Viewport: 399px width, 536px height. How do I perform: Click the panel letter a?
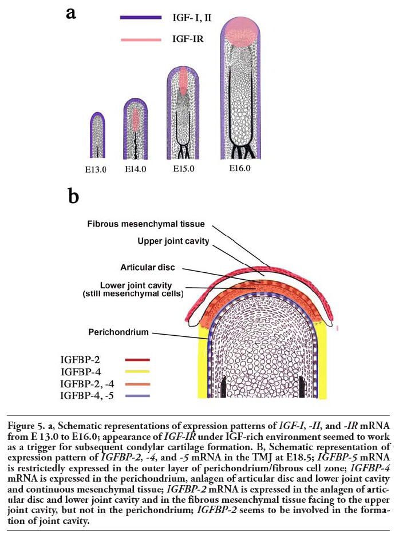71,13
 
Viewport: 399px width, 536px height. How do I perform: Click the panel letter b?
73,196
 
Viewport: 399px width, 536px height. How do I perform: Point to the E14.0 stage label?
135,169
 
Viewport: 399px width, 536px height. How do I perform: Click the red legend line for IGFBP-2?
137,360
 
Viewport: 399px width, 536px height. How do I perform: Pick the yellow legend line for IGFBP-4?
137,372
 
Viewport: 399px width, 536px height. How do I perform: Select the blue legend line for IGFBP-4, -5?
137,396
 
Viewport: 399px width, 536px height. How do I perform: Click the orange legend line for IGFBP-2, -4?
137,384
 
